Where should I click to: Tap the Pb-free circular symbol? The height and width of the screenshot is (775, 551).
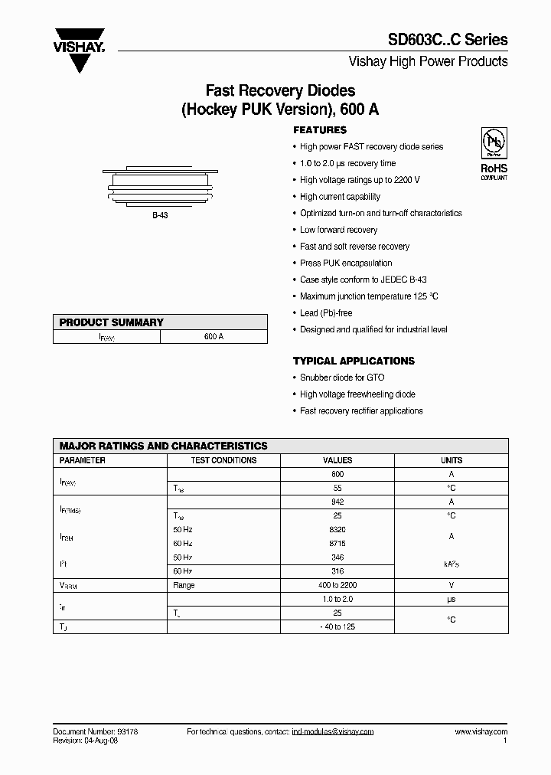tap(492, 144)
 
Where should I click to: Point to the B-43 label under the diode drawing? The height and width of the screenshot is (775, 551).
tap(159, 216)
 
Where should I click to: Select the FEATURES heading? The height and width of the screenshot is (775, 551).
tap(320, 130)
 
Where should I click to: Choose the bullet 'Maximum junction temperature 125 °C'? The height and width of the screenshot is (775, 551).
tap(369, 296)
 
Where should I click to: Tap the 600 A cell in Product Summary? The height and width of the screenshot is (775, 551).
tap(214, 337)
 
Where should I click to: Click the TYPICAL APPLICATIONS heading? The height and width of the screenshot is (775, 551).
tap(354, 361)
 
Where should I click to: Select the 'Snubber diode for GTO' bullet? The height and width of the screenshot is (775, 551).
tap(342, 378)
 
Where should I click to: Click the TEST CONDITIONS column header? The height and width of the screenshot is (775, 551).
tap(223, 460)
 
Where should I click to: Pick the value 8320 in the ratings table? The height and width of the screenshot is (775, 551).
tap(337, 530)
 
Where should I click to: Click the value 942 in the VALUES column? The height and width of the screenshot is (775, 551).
tap(337, 502)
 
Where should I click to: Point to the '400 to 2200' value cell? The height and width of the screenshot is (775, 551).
tap(337, 585)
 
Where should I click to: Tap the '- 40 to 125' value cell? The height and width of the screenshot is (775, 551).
tap(337, 626)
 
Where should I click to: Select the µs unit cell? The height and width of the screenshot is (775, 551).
tap(452, 599)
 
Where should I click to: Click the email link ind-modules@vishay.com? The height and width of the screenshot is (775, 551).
tap(332, 732)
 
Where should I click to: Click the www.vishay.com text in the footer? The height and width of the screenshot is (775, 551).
tap(481, 732)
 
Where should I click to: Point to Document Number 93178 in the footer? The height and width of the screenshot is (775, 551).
tap(95, 732)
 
